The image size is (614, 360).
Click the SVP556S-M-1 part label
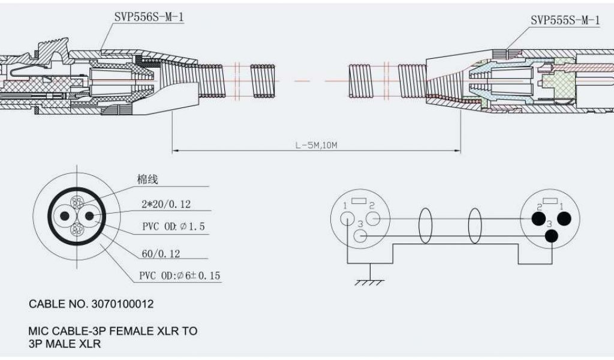point(149,17)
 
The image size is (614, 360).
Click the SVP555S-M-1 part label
point(565,20)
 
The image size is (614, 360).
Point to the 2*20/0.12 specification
point(166,205)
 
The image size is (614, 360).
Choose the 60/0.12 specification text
point(161,254)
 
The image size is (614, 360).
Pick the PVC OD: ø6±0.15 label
point(179,276)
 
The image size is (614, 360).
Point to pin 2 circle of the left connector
point(373,220)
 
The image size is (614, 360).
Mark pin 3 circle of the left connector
point(360,236)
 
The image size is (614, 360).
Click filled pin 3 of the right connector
point(550,236)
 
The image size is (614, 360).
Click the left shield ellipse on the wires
point(425,226)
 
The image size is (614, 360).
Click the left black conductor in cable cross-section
point(63,215)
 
